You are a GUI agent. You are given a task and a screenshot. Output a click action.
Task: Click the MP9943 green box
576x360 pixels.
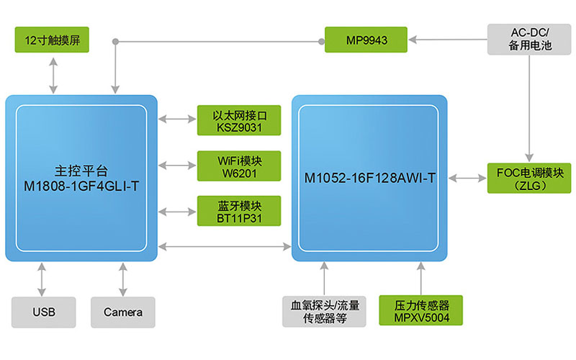pyautogui.click(x=366, y=40)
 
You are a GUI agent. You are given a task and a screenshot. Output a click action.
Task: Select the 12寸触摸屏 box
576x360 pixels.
pyautogui.click(x=52, y=40)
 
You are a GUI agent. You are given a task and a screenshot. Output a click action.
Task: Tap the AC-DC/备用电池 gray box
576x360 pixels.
pyautogui.click(x=529, y=40)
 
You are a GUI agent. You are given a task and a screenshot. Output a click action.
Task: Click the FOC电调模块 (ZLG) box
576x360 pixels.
pyautogui.click(x=529, y=178)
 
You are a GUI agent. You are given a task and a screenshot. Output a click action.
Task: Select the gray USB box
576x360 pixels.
pyautogui.click(x=44, y=312)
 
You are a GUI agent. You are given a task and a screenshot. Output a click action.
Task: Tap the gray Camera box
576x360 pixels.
pyautogui.click(x=123, y=312)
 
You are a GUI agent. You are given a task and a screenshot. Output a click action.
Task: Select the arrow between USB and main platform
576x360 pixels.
pyautogui.click(x=44, y=279)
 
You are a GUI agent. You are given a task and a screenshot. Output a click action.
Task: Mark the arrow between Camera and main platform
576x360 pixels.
pyautogui.click(x=123, y=279)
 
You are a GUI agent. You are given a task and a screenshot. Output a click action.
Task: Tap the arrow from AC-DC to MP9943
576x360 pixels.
pyautogui.click(x=446, y=40)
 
